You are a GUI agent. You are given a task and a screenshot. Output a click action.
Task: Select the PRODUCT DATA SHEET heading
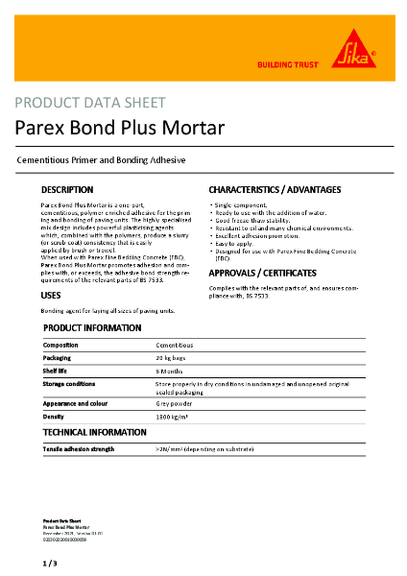90,103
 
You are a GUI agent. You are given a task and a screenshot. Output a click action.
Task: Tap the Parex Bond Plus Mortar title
119,127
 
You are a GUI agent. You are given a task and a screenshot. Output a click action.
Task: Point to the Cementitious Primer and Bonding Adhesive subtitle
101,159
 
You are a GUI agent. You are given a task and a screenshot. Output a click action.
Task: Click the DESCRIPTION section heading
67,190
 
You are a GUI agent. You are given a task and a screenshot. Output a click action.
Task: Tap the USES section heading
51,296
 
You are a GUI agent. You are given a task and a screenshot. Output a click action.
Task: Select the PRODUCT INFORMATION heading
93,328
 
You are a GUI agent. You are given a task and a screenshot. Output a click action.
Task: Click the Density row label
54,418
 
